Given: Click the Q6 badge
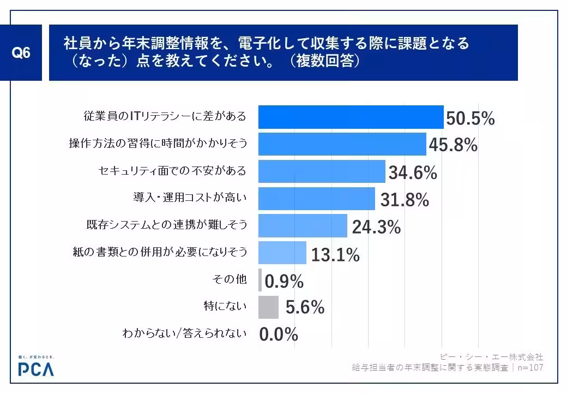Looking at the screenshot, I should (21, 53).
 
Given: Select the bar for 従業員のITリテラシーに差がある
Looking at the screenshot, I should (350, 117).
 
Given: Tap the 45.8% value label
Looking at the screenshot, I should (453, 145).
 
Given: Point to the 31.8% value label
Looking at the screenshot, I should (404, 200).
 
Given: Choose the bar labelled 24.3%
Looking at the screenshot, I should (302, 225).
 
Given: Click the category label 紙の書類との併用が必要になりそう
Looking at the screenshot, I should (160, 252).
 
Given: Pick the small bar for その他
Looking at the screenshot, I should (260, 280).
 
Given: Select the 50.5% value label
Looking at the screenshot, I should (470, 118).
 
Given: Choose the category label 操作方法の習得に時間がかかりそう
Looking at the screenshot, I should (158, 144).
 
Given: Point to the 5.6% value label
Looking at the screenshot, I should (305, 308).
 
